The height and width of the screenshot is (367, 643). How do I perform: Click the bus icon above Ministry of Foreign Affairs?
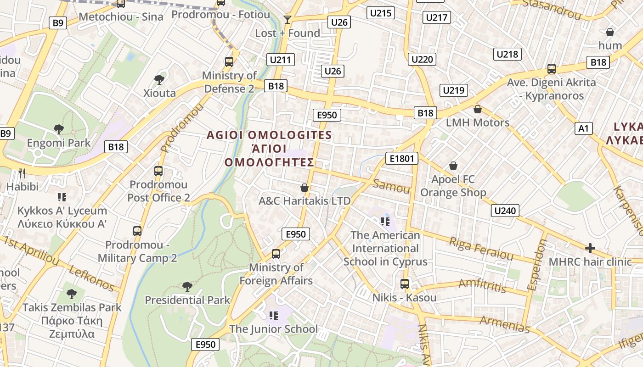coord(276,254)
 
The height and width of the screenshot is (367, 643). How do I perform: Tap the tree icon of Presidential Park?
coord(187,287)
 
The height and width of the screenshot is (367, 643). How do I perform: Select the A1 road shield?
coord(583,128)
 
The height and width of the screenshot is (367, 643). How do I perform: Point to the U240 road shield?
coord(505,211)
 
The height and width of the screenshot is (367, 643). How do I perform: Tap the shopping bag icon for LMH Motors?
coord(478,109)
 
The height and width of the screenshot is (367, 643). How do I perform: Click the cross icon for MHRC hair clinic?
coord(590,248)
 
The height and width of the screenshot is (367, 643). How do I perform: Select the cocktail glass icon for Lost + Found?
coord(288,19)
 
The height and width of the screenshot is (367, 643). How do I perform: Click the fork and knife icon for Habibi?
coord(22,173)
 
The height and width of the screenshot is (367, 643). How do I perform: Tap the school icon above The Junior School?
coord(274,315)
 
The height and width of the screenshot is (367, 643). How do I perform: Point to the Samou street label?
coord(391,186)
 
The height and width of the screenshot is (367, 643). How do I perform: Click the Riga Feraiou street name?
coord(480,248)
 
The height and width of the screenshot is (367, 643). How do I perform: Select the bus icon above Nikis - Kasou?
coord(404,284)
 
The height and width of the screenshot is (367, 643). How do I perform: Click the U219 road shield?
coord(453,90)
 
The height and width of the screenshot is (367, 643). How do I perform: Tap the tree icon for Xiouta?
coord(159,79)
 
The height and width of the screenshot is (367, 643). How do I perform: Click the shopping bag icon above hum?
coord(610,32)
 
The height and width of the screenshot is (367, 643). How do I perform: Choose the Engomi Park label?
coord(59,143)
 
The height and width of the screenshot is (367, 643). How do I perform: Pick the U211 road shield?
coord(281,60)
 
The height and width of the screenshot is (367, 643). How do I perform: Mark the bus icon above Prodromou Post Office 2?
coord(158,171)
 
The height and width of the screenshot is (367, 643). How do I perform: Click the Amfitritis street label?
coord(482,285)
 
